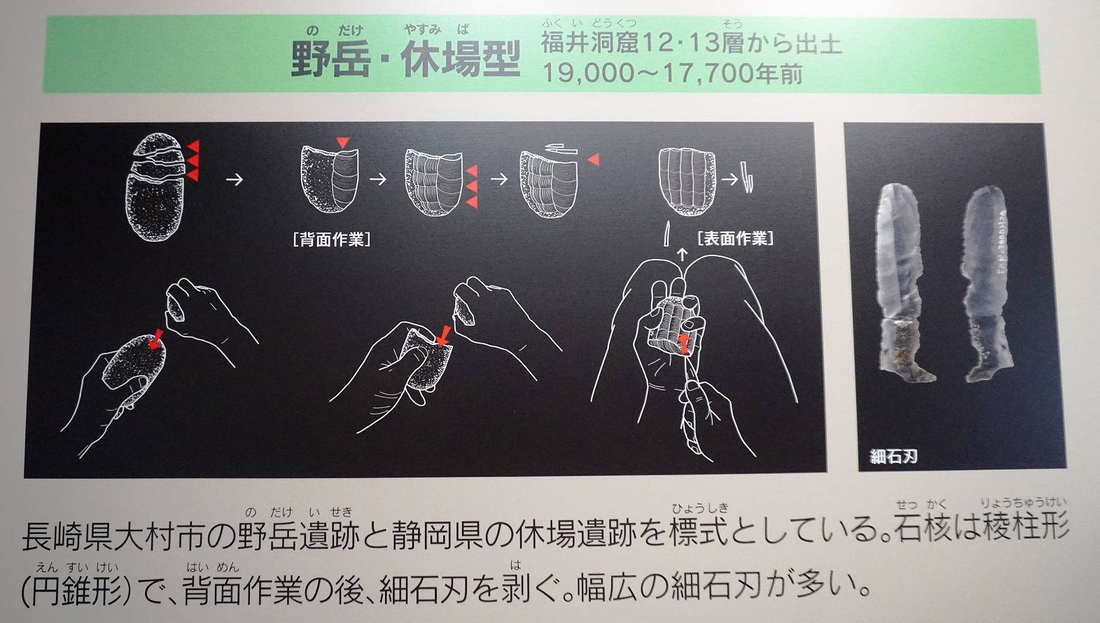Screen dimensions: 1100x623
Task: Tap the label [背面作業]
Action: pos(332,239)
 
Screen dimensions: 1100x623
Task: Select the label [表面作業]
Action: pos(735,239)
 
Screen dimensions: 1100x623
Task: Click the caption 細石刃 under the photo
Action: pos(893,457)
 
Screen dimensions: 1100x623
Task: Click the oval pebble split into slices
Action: pos(156,187)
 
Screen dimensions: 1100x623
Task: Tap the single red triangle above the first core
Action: pos(342,142)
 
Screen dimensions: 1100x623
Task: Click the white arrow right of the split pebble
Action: pos(235,179)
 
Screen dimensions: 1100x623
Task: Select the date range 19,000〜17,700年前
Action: pos(672,73)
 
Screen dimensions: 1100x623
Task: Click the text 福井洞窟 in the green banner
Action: pos(590,43)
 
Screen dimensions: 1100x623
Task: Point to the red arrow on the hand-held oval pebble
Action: pos(155,339)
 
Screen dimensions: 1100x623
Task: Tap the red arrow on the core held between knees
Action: pos(683,343)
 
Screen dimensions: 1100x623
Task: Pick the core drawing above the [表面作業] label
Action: pos(686,181)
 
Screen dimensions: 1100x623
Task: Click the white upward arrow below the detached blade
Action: pos(681,254)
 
